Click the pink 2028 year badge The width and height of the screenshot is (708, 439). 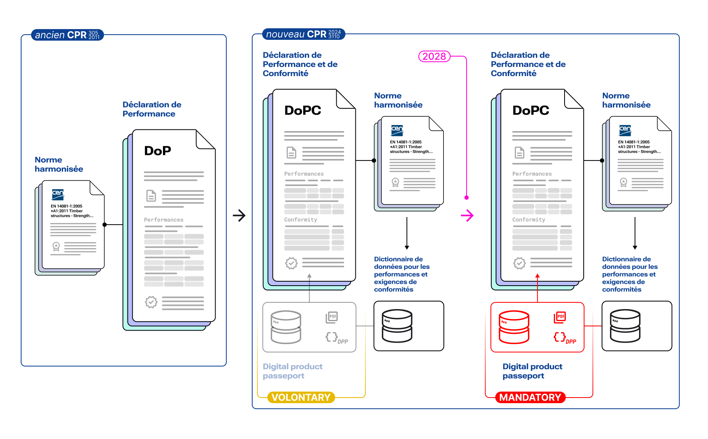click(x=434, y=57)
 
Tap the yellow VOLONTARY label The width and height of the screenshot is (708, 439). click(x=301, y=397)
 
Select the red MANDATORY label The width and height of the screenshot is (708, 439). click(x=530, y=397)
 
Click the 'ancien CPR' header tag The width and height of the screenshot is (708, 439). click(x=67, y=35)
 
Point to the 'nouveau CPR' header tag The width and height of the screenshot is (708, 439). click(x=303, y=34)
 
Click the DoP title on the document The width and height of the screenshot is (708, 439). click(x=158, y=151)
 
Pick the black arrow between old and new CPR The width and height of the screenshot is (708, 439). click(x=239, y=216)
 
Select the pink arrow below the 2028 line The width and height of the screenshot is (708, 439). click(x=467, y=216)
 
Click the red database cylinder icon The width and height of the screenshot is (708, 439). click(x=514, y=327)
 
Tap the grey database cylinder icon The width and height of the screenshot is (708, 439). click(x=286, y=327)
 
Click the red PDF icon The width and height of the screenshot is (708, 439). click(x=560, y=317)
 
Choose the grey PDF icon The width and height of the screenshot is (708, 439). click(x=331, y=317)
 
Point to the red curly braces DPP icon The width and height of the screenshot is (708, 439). click(x=560, y=337)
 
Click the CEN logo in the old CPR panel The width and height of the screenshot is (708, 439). click(x=58, y=194)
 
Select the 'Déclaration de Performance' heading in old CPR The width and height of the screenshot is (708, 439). click(x=152, y=109)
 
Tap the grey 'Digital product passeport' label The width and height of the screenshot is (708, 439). click(x=292, y=371)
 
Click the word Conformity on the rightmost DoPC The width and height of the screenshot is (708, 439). click(x=529, y=219)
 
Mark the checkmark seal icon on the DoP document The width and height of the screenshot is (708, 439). click(x=151, y=302)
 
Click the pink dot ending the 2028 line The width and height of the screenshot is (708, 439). click(x=467, y=198)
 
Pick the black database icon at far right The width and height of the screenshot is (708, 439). click(x=625, y=326)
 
